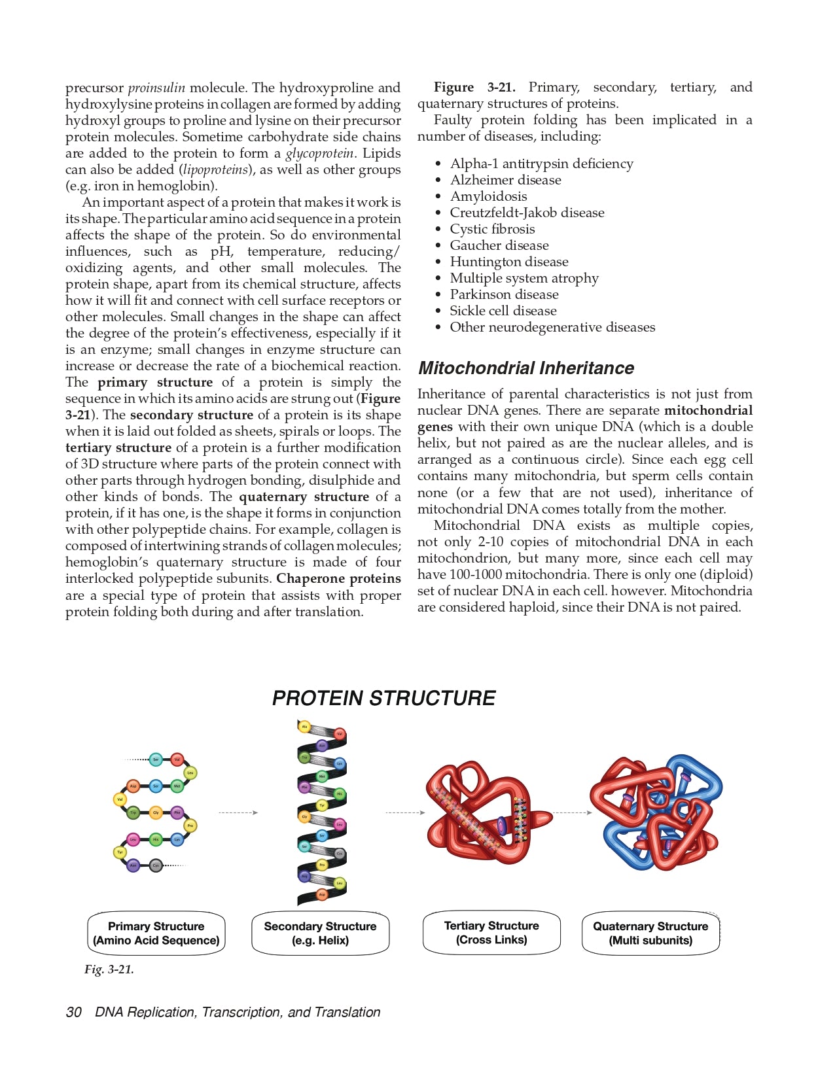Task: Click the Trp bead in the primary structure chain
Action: coord(133,813)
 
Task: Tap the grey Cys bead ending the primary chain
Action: coord(156,865)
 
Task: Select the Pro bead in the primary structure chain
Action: coord(190,826)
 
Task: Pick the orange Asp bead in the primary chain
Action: coord(133,786)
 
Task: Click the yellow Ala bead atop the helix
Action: coord(304,727)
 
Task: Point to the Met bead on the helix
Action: coord(322,776)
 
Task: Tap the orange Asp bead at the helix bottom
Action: coord(322,894)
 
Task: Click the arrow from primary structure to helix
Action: coord(238,812)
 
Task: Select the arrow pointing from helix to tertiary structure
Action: coord(405,812)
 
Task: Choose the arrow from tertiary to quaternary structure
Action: coord(573,812)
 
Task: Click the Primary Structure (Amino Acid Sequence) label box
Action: coord(156,933)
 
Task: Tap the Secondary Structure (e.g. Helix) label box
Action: coord(320,933)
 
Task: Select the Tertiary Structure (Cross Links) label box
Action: coord(491,933)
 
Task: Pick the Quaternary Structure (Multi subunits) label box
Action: coord(650,933)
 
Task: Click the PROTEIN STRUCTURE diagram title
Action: coord(383,699)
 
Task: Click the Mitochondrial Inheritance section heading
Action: coord(526,368)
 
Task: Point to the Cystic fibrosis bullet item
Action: coord(492,229)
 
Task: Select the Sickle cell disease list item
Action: coord(503,311)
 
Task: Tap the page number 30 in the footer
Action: coord(73,1012)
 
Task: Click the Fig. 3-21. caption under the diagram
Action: coord(109,969)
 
